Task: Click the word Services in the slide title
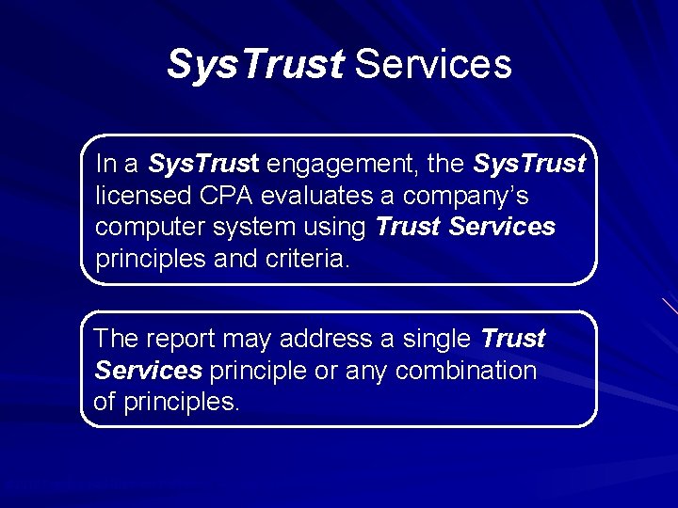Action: tap(434, 65)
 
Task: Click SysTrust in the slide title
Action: tap(255, 65)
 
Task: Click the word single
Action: tap(435, 339)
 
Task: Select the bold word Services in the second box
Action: tap(149, 371)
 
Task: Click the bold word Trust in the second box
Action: tap(512, 339)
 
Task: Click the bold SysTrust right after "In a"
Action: tap(203, 165)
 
